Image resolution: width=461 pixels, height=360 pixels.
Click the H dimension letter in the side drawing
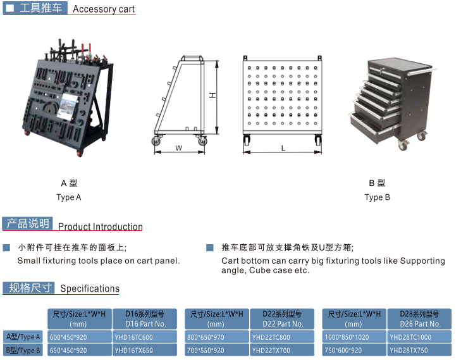coord(212,96)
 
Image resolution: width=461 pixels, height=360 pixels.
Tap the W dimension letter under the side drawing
coord(178,148)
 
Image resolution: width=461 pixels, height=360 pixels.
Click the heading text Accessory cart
coord(104,9)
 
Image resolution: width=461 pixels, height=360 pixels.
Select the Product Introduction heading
coord(101,227)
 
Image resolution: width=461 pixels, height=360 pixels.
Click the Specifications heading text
coord(90,289)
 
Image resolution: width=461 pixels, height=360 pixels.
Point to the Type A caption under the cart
coord(69,197)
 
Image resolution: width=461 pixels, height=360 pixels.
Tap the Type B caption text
coord(378,197)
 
